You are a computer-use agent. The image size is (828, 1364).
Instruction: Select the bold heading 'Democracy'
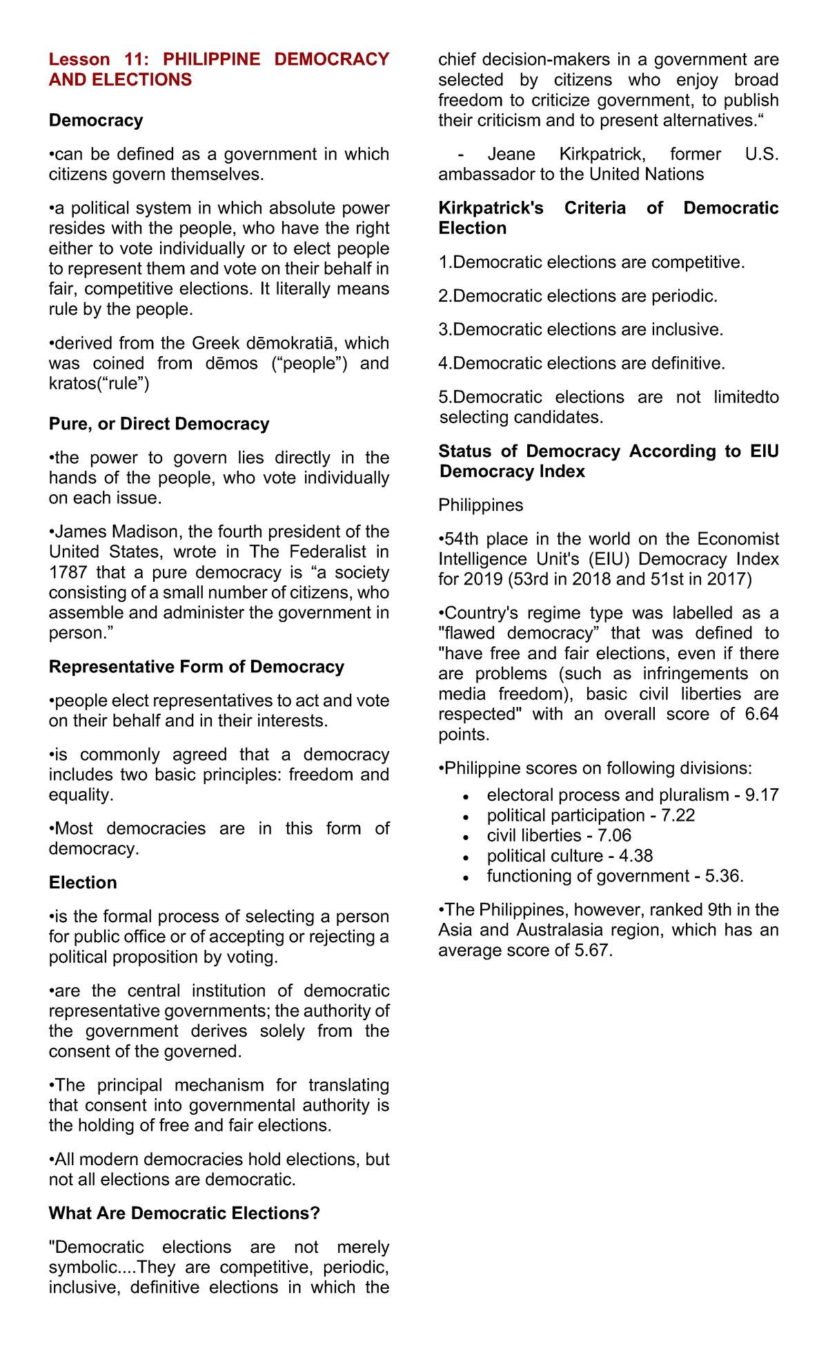96,120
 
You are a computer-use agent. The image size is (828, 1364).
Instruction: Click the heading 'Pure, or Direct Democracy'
159,424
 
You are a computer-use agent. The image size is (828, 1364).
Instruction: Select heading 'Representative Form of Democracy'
196,667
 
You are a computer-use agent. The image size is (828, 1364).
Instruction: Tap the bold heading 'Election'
83,883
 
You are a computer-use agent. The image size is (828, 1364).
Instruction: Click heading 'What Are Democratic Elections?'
184,1214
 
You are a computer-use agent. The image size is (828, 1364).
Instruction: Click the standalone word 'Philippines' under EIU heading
480,505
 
